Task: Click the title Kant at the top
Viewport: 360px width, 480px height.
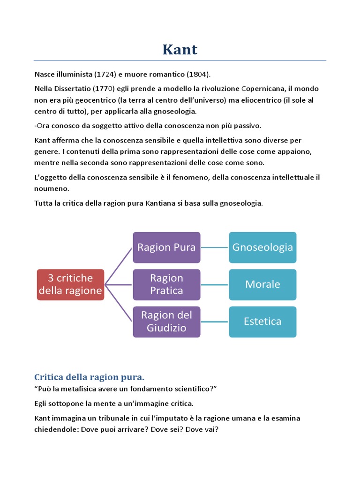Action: click(180, 49)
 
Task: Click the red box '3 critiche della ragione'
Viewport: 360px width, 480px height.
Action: click(70, 285)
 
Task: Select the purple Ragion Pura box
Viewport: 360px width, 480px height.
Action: click(166, 247)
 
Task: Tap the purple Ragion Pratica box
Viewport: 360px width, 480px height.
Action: click(166, 285)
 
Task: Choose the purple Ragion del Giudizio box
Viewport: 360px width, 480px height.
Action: click(166, 322)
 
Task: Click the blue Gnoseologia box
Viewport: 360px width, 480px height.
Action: click(262, 247)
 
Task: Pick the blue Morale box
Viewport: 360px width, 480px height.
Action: click(262, 285)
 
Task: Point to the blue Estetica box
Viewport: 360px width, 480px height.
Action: click(262, 322)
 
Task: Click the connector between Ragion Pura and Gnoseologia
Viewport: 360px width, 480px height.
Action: click(215, 247)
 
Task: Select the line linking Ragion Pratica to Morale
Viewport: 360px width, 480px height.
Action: click(215, 285)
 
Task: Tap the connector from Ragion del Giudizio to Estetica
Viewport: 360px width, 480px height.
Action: click(215, 322)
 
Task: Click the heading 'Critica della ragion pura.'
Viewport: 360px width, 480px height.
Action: click(90, 377)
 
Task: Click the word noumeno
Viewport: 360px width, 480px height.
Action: click(52, 188)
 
